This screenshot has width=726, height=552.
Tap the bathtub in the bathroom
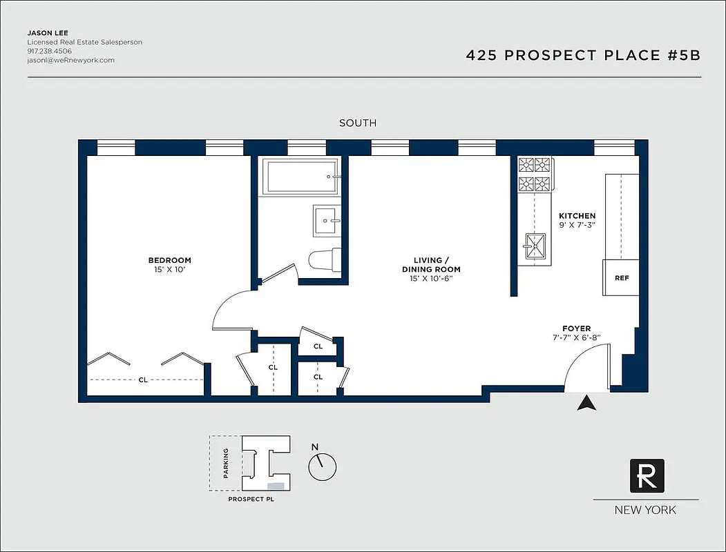coord(301,176)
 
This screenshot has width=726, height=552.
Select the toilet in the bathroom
coord(323,260)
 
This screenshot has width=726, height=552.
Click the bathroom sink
coord(326,221)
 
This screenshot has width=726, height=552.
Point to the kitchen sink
coord(534,243)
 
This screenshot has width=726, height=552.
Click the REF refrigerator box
coord(621,278)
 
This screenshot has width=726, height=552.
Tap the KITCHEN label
coord(577,216)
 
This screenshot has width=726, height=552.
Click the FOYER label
coord(576,328)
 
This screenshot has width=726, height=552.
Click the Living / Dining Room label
coord(431,265)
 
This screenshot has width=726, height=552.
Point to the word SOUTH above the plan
coord(358,123)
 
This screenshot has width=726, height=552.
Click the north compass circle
coord(322,467)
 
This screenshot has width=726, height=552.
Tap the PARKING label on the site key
coord(226,463)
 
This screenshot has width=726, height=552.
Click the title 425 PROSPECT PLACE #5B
coord(583,56)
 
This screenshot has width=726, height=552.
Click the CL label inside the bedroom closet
coord(143,379)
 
